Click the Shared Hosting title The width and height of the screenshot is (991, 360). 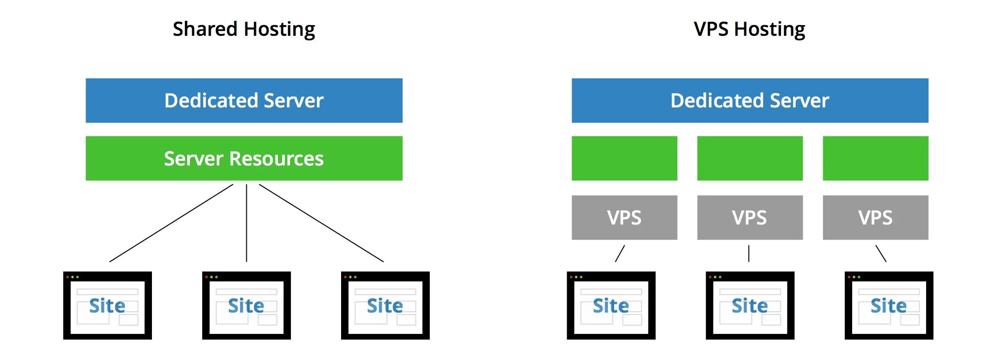click(244, 29)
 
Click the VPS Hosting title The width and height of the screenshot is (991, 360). click(749, 29)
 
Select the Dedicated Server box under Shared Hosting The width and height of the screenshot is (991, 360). click(244, 101)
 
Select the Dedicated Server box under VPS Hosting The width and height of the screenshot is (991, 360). click(750, 101)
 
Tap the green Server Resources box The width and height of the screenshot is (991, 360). click(244, 159)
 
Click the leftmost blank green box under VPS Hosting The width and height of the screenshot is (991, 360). click(624, 159)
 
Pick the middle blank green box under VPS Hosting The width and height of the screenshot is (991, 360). click(750, 159)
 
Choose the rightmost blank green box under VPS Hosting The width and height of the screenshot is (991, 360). click(875, 159)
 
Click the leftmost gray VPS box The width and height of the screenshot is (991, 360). click(624, 218)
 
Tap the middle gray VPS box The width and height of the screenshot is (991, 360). click(750, 218)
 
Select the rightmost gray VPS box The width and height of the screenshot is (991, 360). click(875, 218)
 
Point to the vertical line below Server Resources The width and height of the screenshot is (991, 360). click(246, 223)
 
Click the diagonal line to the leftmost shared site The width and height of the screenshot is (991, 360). click(171, 223)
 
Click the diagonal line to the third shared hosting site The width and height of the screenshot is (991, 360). click(321, 223)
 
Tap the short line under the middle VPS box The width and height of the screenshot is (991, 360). click(749, 254)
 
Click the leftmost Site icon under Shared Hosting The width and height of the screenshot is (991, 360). click(107, 305)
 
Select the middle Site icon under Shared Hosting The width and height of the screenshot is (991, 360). click(246, 305)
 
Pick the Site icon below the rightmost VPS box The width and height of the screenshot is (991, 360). click(889, 305)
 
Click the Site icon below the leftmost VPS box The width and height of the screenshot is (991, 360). click(611, 305)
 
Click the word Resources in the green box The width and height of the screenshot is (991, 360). click(276, 159)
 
